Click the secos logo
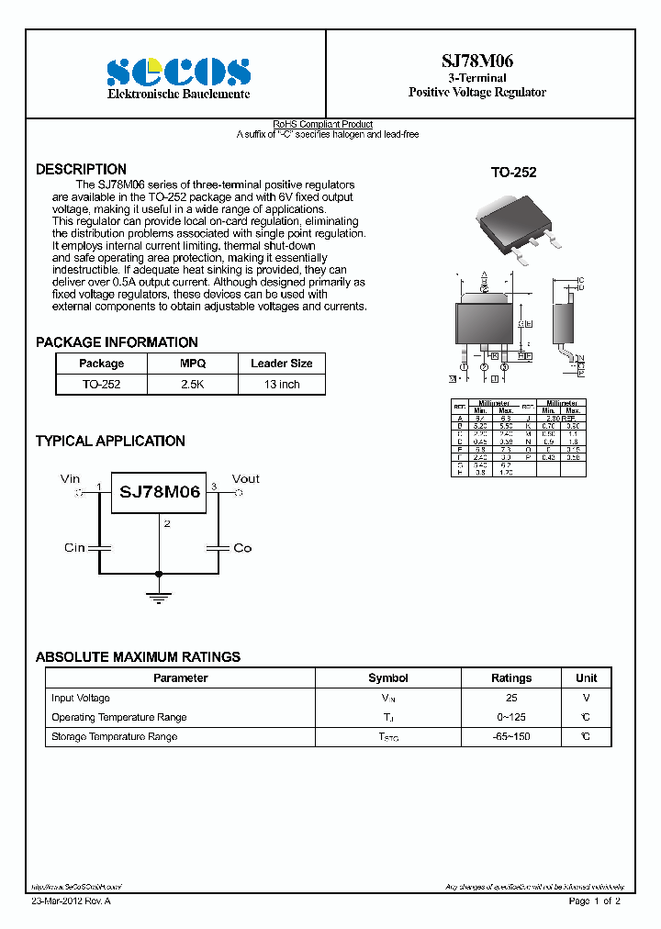178,72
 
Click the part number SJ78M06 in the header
476,62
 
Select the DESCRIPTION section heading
81,170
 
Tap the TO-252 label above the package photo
513,173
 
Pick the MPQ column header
193,364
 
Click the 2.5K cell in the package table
193,385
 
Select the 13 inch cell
282,385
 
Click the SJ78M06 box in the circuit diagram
160,492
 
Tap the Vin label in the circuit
71,478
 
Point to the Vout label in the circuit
245,478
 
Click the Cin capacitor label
74,548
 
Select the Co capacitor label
242,548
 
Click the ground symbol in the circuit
160,598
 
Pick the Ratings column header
511,678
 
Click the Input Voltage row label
81,699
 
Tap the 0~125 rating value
511,718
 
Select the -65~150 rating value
511,737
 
